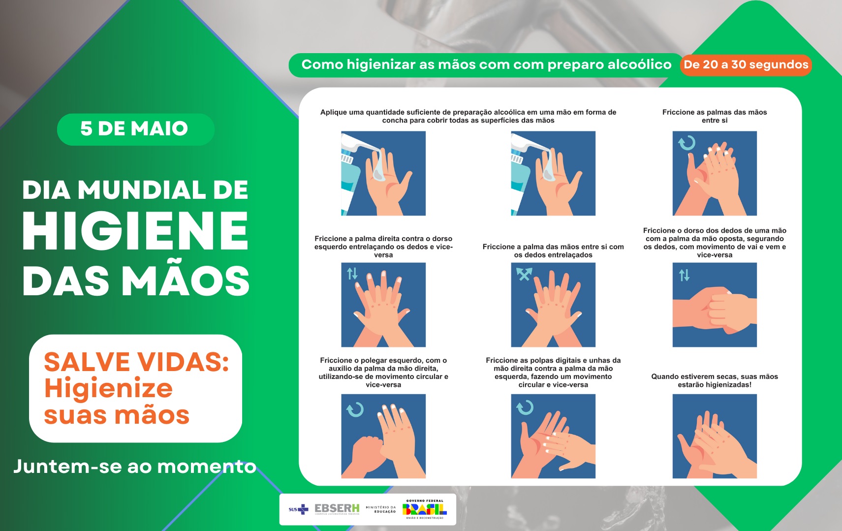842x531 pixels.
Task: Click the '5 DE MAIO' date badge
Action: coord(135,129)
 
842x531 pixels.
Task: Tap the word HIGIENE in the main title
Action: coord(135,231)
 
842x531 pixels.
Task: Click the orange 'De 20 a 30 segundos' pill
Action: coord(746,64)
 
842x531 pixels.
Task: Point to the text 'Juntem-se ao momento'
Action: coord(135,466)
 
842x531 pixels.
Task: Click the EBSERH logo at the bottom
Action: coord(337,509)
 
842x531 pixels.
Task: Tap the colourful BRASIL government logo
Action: coord(424,509)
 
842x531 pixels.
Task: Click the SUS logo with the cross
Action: coord(299,509)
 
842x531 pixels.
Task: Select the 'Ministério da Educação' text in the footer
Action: coord(381,509)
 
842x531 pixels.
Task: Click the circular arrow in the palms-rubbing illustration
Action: coord(687,143)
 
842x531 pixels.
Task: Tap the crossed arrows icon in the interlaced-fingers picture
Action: coord(524,274)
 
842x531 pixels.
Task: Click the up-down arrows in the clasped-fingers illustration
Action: coord(684,275)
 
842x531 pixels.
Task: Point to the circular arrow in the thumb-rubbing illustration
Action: coord(354,409)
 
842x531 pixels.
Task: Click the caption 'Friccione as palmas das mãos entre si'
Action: coord(715,116)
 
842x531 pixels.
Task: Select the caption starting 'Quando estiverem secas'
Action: coord(715,380)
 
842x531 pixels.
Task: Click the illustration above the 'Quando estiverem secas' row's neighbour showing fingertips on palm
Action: coord(553,436)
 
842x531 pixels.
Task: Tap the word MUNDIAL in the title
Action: coord(142,190)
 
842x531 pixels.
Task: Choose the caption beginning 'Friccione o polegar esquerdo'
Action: coord(383,372)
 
